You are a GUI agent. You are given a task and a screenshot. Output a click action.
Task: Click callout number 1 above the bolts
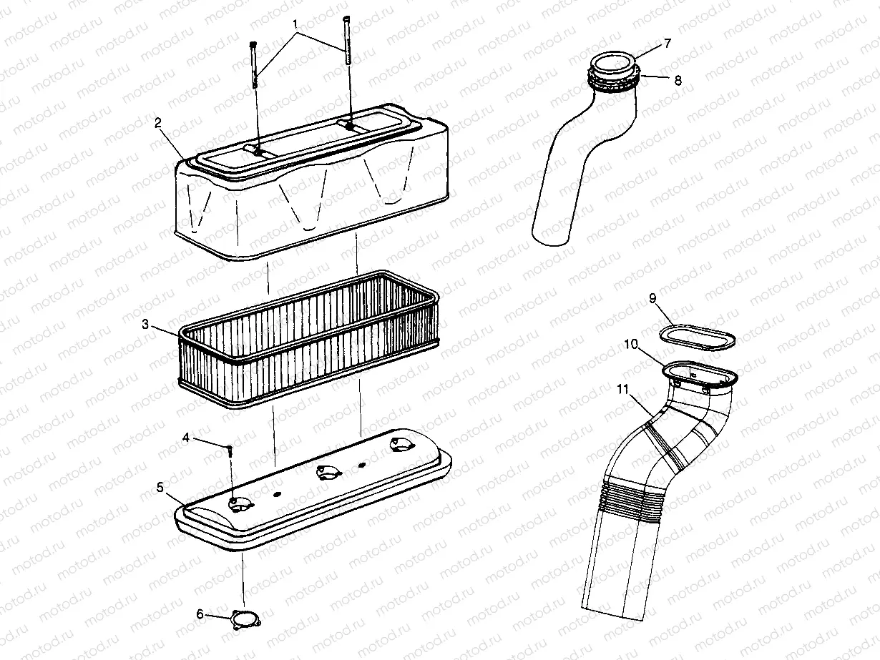pyautogui.click(x=294, y=24)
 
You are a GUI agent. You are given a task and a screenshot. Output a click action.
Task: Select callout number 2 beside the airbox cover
pyautogui.click(x=157, y=123)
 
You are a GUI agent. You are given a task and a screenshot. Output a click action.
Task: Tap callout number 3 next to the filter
pyautogui.click(x=145, y=324)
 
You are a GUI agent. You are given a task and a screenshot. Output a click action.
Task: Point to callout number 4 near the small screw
pyautogui.click(x=185, y=438)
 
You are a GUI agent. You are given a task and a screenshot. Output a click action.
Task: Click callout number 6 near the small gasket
pyautogui.click(x=200, y=613)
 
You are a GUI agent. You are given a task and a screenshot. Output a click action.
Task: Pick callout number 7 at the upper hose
pyautogui.click(x=667, y=44)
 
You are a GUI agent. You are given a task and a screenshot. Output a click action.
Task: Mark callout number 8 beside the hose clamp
pyautogui.click(x=678, y=80)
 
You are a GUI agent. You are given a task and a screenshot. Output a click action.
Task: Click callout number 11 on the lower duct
pyautogui.click(x=622, y=390)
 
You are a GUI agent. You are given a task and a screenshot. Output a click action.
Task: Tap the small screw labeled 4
pyautogui.click(x=230, y=450)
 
